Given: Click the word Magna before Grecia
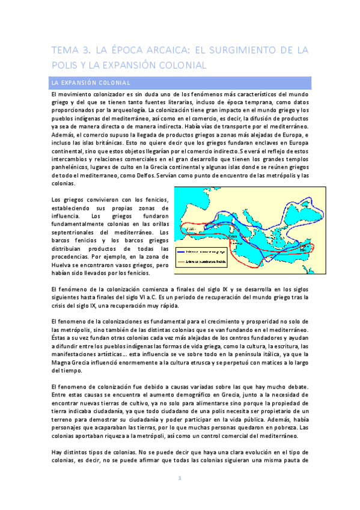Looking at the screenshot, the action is click(x=63, y=355).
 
